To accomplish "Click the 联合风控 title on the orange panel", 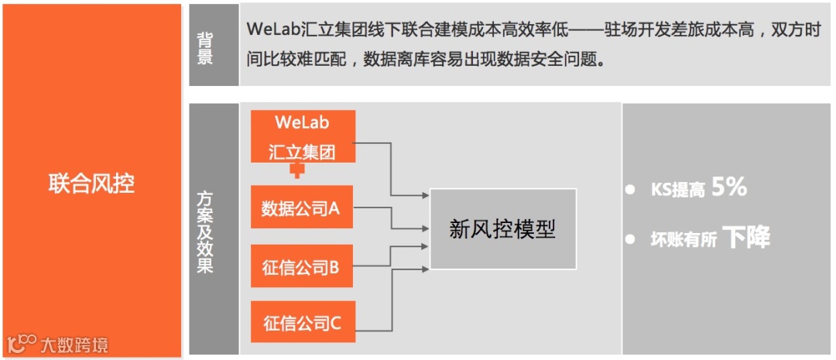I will (x=91, y=183).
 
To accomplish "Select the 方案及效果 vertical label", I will (x=205, y=231).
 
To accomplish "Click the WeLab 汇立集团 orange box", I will (x=303, y=136).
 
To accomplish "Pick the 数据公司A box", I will (x=303, y=207).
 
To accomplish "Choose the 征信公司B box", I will (x=303, y=267).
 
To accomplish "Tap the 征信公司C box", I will (x=303, y=322).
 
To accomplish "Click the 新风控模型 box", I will (x=502, y=229).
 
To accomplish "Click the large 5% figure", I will (x=729, y=187).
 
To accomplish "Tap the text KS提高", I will (x=677, y=190).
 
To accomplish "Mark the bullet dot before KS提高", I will (x=631, y=189).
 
